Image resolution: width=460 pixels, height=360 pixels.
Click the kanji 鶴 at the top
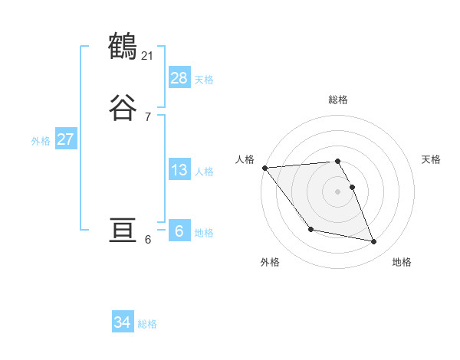pos(123,47)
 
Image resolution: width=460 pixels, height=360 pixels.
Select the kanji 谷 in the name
pos(123,108)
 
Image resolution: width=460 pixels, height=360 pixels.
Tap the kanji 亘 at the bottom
pos(123,231)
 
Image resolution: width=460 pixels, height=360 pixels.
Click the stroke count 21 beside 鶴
pos(148,55)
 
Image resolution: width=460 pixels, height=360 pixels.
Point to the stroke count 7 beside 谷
pos(148,116)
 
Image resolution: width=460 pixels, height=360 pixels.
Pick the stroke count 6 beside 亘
pos(148,239)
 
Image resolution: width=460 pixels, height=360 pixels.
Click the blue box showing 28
pos(179,77)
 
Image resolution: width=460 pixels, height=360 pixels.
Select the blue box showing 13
pos(179,169)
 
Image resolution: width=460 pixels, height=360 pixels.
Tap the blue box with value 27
pos(66,139)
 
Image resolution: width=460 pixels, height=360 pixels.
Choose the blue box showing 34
pos(123,322)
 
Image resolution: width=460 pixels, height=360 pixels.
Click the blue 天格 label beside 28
pos(204,79)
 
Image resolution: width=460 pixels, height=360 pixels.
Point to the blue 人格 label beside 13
pos(204,171)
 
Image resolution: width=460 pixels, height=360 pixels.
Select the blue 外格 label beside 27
pos(41,141)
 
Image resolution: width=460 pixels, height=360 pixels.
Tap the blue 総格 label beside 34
pos(147,324)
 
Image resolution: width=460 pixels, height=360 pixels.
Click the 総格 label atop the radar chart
pos(338,100)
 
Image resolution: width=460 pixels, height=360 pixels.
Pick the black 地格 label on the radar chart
pos(402,262)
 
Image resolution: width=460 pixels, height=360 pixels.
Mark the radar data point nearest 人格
pos(264,168)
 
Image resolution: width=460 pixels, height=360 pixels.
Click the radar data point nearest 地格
pos(374,242)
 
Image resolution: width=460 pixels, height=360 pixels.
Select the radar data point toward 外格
pos(310,229)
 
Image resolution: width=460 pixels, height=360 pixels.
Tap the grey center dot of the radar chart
pos(338,191)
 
